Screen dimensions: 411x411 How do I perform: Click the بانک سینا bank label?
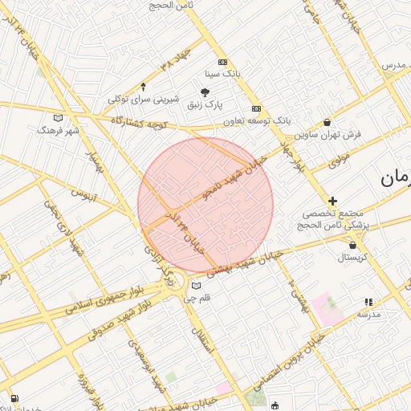coord(223,73)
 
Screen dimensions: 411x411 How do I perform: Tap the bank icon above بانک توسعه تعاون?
coord(256,108)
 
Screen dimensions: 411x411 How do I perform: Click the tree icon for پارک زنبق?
coord(205,92)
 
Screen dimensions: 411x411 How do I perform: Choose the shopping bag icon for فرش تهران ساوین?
coord(327,122)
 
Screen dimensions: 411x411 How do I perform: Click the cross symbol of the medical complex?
coord(332,200)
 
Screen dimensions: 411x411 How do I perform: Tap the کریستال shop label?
coord(352,257)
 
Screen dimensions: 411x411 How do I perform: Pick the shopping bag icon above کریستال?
coord(352,245)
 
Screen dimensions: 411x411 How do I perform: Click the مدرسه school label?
coord(368,314)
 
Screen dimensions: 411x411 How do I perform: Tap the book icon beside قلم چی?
coord(197,285)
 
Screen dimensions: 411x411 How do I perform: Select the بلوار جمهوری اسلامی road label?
coord(112,296)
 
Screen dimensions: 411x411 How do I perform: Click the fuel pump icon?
coord(15,397)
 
